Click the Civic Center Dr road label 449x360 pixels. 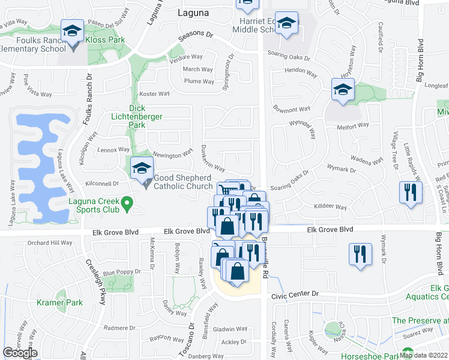(x=294, y=294)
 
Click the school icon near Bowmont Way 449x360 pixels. (x=343, y=91)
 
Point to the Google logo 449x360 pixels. (x=20, y=352)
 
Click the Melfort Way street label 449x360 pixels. (x=353, y=125)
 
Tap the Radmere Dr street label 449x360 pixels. (x=120, y=328)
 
